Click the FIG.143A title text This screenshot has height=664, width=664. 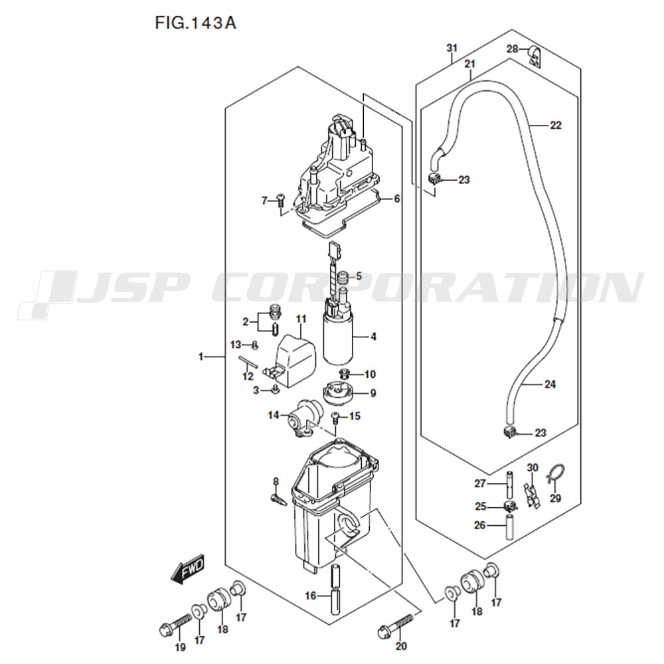pos(195,23)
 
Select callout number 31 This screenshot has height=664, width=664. pos(452,48)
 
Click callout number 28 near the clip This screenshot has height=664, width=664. pos(513,49)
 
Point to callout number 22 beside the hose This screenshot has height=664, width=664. pos(556,125)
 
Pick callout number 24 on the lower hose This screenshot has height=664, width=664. pos(550,384)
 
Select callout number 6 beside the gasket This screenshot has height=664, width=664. pos(397,199)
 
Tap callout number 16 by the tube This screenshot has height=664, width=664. pos(310,596)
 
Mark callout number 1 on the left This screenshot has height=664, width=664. pos(201,357)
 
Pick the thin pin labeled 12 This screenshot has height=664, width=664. pos(248,363)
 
